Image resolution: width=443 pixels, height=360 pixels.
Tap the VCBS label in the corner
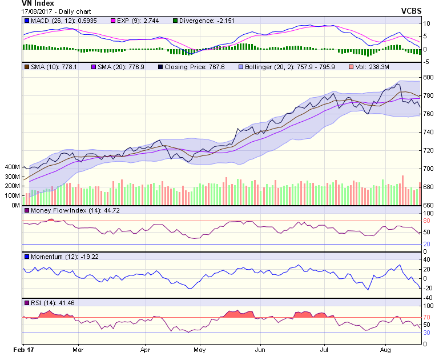click(x=411, y=11)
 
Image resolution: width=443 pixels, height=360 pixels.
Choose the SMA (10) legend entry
click(x=48, y=67)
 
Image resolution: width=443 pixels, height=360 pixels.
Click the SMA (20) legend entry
click(x=112, y=67)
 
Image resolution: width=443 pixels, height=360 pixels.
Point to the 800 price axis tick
click(x=428, y=77)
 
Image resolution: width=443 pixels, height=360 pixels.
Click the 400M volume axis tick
click(x=11, y=167)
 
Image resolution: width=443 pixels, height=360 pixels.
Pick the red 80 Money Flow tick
click(x=426, y=221)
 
